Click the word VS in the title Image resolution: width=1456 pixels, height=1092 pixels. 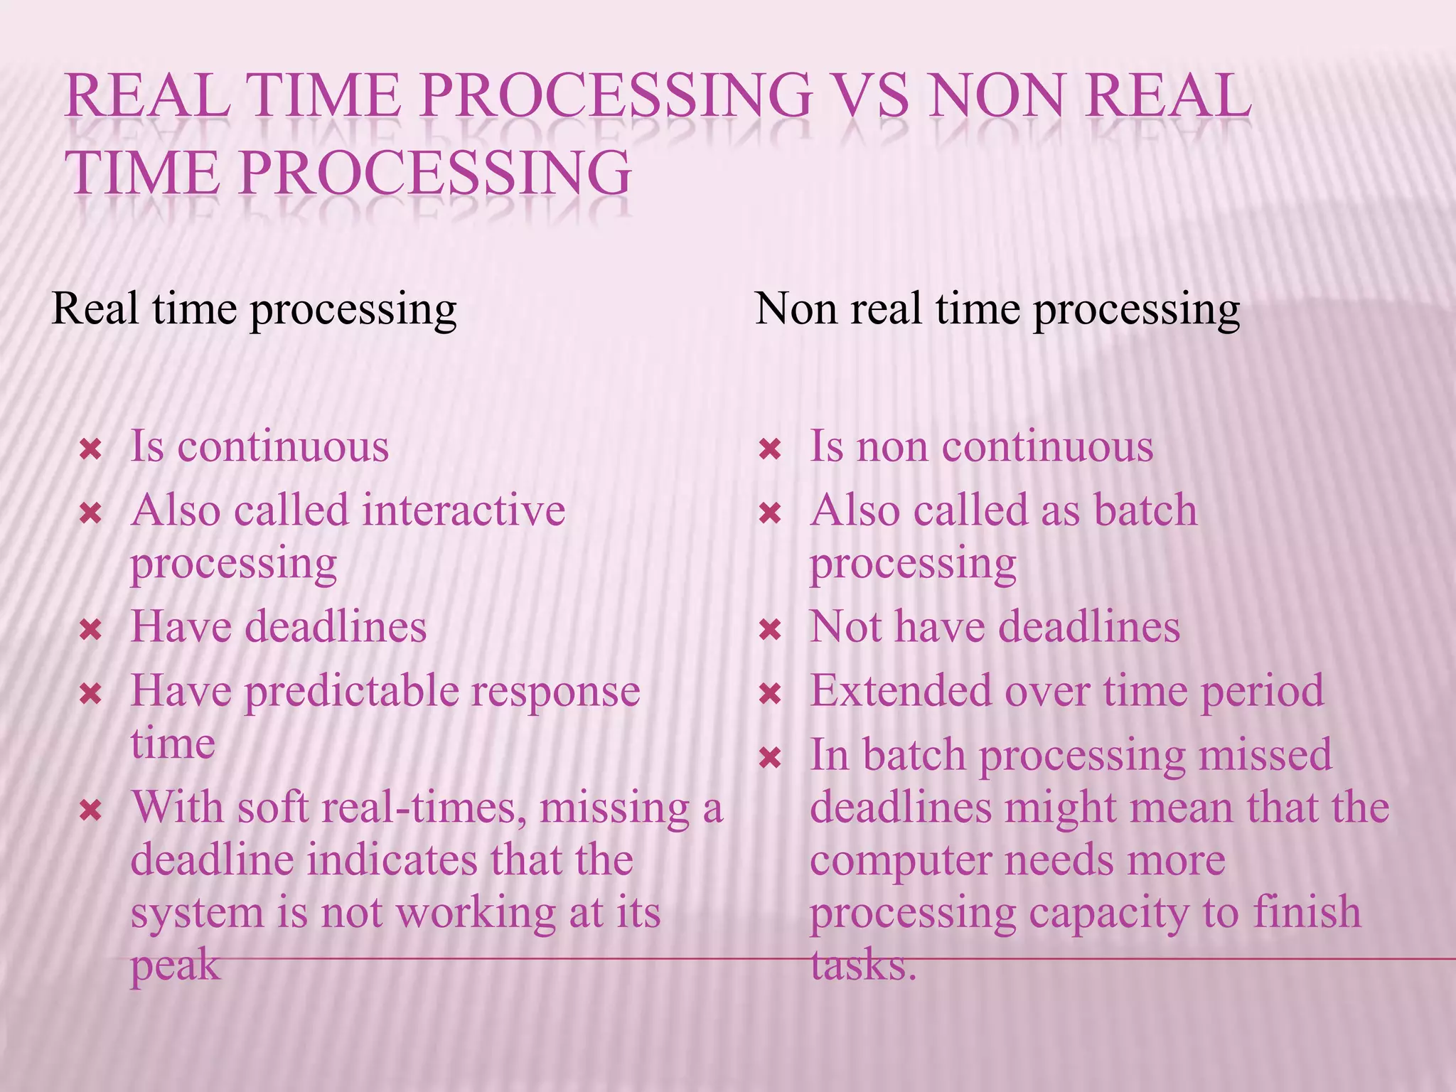tap(862, 96)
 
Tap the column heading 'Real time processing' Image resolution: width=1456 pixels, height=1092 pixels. tap(254, 310)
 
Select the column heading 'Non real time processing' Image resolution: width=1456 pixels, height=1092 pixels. tap(997, 310)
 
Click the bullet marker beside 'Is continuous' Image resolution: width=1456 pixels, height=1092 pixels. tap(91, 449)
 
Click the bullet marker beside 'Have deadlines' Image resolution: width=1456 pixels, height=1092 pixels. tap(91, 629)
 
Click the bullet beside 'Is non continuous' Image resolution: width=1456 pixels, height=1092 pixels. tap(771, 449)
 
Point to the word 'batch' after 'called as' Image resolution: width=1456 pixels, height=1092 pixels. tap(1145, 510)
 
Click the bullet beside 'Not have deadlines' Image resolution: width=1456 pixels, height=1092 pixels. tap(771, 629)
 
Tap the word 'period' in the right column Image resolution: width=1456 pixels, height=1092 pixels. tap(1262, 692)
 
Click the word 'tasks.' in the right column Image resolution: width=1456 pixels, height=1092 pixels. tap(863, 965)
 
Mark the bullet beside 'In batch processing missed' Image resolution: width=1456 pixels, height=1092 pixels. tap(771, 758)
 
